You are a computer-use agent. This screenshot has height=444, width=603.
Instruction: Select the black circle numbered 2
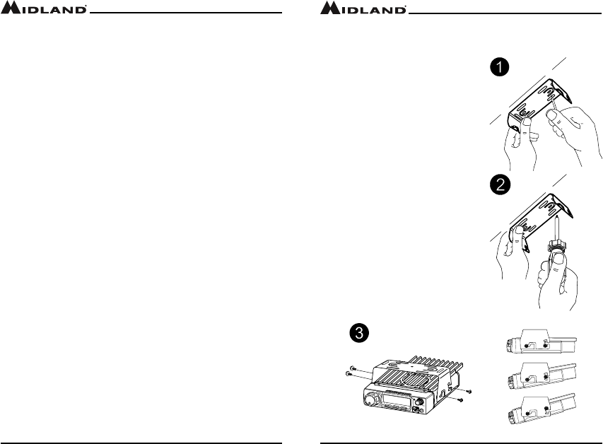point(500,185)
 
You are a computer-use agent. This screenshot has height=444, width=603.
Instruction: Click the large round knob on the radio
point(370,400)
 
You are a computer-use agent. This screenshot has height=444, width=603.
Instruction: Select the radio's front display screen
point(395,401)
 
